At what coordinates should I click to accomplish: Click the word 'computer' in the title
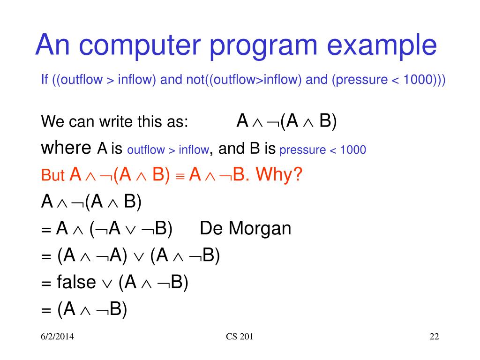coord(140,45)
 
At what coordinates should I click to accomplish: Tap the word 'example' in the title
coord(382,45)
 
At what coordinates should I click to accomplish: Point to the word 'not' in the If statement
coord(195,80)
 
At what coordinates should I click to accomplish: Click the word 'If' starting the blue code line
coord(45,80)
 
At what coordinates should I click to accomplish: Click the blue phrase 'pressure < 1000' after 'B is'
coord(322,150)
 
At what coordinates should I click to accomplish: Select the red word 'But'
coord(52,175)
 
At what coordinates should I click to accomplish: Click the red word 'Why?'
coord(279,174)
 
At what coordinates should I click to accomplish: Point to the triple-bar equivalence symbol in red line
coord(180,177)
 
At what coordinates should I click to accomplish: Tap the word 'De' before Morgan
coord(210,228)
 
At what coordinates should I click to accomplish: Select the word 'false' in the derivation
coord(76,282)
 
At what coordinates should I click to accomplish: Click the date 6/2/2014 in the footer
coord(57,337)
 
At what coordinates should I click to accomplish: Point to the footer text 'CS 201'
coord(240,337)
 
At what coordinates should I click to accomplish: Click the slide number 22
coord(435,337)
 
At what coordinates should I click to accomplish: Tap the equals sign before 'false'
coord(46,283)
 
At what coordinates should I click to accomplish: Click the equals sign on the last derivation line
coord(46,310)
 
